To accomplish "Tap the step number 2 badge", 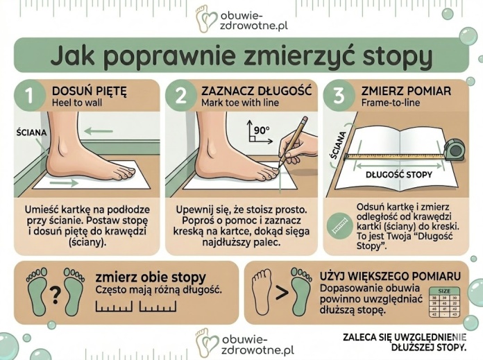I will click(181, 98).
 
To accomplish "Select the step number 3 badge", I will click(340, 98).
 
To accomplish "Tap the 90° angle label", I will click(262, 129).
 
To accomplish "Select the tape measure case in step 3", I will click(456, 149).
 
